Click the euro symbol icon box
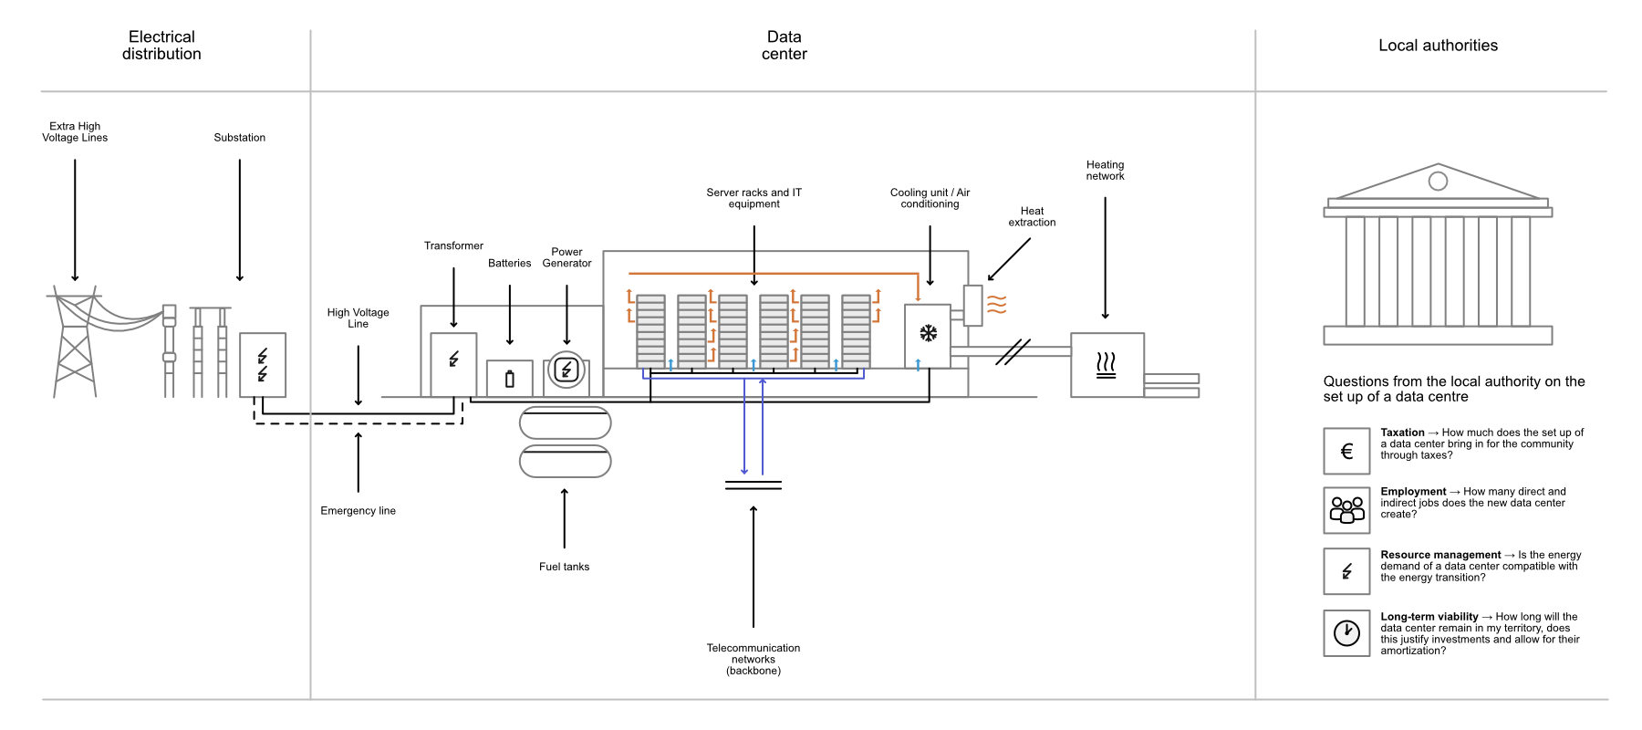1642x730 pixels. coord(1346,451)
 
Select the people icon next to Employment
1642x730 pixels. coord(1346,509)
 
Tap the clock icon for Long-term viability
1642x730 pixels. coord(1346,632)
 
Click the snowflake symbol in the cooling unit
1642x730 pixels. coord(928,334)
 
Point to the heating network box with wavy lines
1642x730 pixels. coord(1107,365)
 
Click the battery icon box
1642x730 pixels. coord(509,379)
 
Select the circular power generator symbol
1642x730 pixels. coord(566,370)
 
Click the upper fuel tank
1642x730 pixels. coord(565,423)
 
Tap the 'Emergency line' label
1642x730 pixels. coord(358,511)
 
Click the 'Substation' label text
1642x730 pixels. coord(239,138)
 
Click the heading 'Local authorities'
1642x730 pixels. coord(1438,46)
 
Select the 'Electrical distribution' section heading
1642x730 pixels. coord(161,46)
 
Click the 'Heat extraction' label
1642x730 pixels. coord(1032,216)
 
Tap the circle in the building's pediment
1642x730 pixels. coord(1438,181)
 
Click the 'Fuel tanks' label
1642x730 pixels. coord(564,567)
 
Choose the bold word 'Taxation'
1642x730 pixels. coord(1402,433)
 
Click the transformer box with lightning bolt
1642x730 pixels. coord(453,363)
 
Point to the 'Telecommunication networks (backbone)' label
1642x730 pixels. coord(753,659)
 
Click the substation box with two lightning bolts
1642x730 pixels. coord(263,365)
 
